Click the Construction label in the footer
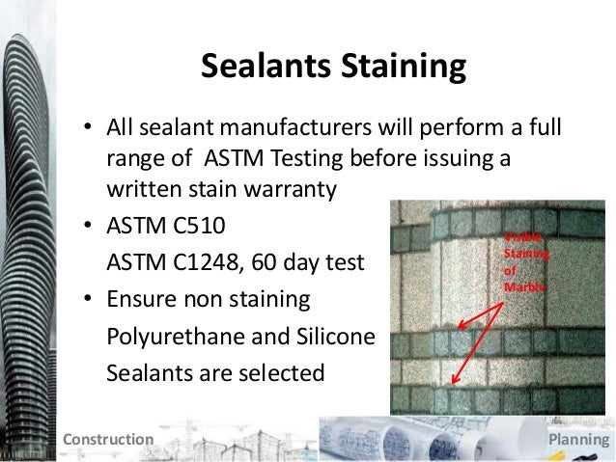(107, 440)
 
